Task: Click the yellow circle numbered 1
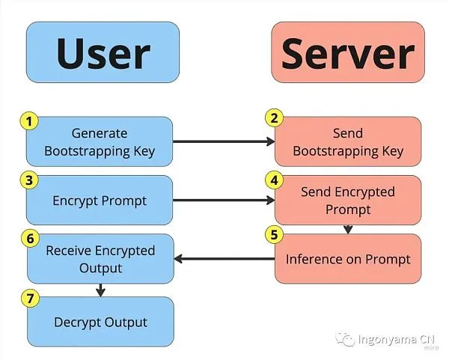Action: pos(29,121)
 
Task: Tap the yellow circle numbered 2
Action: pos(275,118)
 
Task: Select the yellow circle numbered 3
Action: pos(29,180)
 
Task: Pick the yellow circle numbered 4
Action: pos(275,180)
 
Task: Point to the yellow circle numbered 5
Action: pos(275,234)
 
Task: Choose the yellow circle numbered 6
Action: pos(30,238)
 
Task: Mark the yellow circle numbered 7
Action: pos(30,299)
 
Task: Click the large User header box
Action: pos(103,52)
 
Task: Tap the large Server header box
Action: pos(348,52)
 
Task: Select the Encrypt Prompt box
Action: pos(100,200)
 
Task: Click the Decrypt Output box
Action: pos(100,322)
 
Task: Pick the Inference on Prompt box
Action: pos(348,259)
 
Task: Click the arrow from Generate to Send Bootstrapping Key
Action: pos(224,141)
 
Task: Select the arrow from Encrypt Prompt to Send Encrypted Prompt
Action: pos(224,200)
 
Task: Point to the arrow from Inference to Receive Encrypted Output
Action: pos(224,259)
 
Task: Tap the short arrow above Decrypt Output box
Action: pos(100,290)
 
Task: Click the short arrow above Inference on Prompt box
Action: pos(348,230)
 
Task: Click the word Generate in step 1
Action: pos(100,133)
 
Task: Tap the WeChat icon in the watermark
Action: pos(345,339)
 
